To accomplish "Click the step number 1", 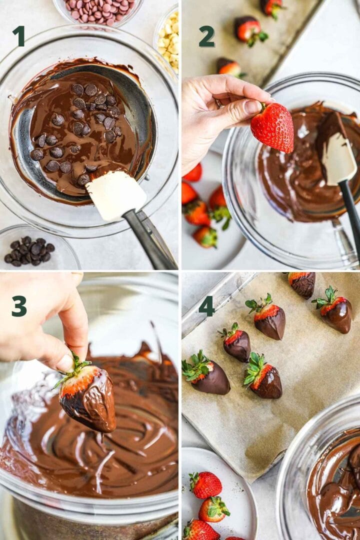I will point(18,36).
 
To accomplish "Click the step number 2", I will point(206,36).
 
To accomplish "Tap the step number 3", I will point(19,306).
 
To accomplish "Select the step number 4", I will point(206,306).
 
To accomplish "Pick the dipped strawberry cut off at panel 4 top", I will point(302,283).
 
